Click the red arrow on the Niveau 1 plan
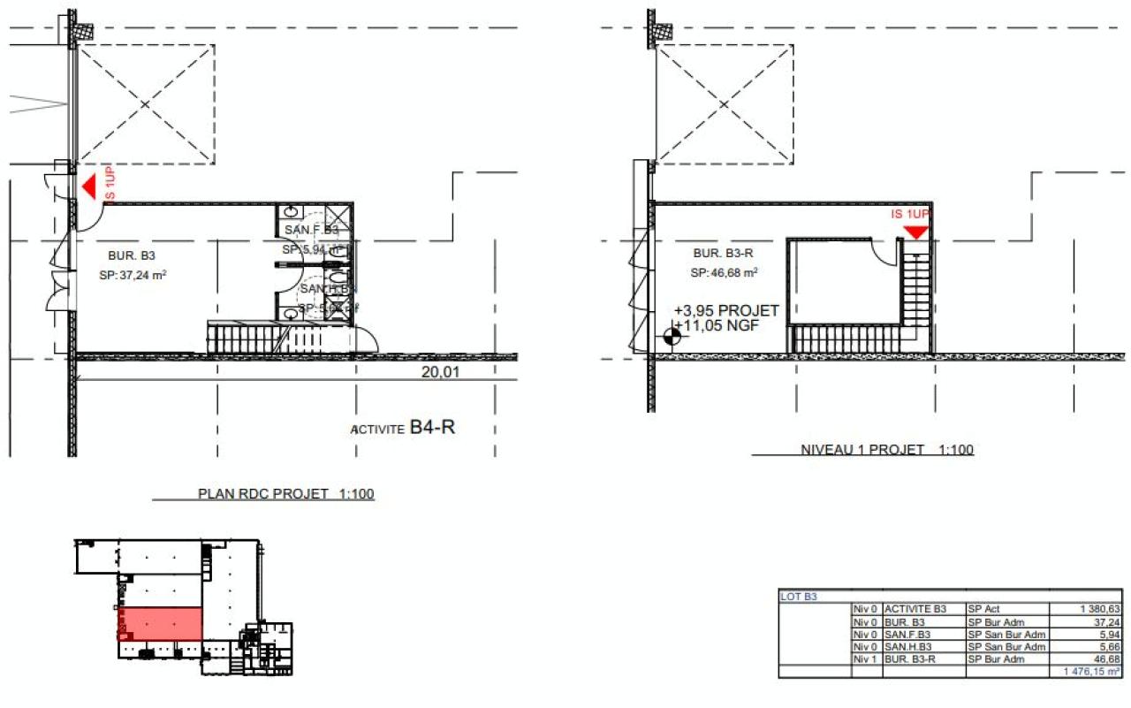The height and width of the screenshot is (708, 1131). point(916,232)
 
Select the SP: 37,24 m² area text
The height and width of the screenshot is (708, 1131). point(133,275)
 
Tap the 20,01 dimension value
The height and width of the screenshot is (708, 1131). point(440,373)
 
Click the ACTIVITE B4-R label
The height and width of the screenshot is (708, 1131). point(406,430)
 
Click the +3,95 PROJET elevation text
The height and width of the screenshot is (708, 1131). point(725,311)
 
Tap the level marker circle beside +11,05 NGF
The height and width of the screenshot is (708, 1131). point(672,337)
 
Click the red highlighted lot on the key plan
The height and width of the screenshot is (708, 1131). point(161,622)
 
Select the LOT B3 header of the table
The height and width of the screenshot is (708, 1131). point(800,597)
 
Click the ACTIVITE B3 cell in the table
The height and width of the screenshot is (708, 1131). point(915,609)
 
